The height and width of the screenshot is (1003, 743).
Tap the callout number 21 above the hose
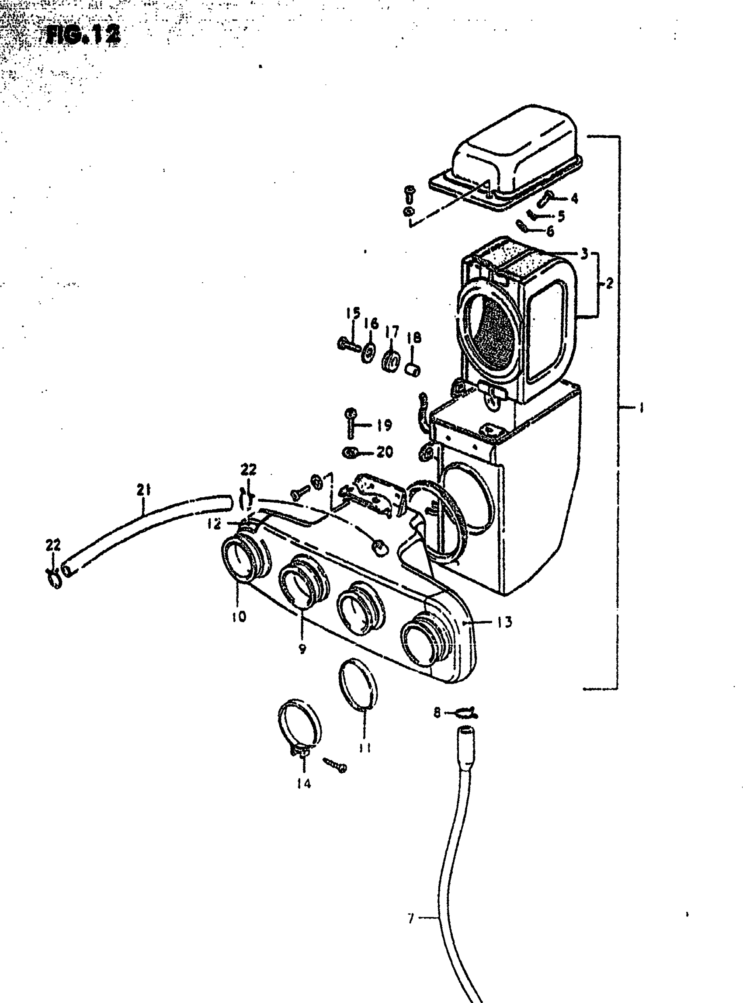pos(143,489)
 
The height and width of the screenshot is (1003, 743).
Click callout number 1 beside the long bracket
pos(641,408)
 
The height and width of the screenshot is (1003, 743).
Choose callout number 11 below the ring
pos(365,747)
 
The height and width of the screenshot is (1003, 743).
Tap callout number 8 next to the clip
pos(437,712)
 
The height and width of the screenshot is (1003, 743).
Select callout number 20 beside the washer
pos(385,451)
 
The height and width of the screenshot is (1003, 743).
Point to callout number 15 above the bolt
pos(354,313)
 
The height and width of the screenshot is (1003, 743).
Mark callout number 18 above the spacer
pos(414,337)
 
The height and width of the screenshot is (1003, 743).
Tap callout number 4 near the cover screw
pos(574,198)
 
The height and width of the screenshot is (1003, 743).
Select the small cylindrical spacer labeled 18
pos(413,371)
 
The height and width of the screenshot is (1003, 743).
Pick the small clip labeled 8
pos(465,713)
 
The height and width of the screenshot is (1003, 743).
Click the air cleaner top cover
pos(513,153)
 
